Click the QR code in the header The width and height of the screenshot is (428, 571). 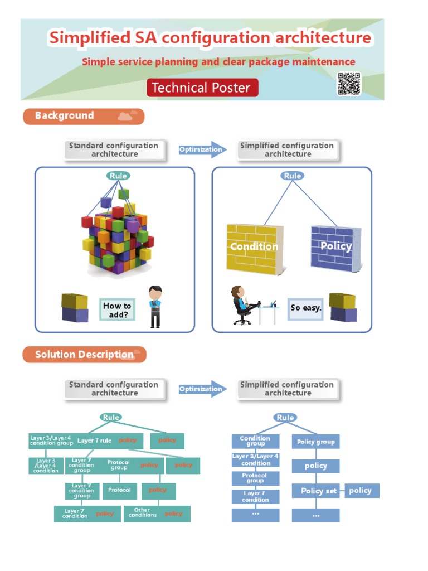(348, 84)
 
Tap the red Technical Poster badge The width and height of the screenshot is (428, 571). (202, 88)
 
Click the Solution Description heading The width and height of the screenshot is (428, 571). (84, 355)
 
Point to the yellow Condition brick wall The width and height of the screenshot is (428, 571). (254, 248)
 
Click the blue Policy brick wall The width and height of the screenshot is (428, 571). (333, 248)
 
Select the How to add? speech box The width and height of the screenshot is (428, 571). (117, 310)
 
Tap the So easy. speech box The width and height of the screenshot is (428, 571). (305, 308)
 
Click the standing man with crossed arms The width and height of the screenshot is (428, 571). (155, 306)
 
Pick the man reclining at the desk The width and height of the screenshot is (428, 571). (245, 304)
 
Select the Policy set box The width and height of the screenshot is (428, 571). (316, 491)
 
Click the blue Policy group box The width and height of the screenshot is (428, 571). (316, 442)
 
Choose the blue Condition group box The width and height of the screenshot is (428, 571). (255, 442)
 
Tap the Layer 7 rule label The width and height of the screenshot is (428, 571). (94, 441)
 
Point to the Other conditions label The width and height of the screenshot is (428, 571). (142, 513)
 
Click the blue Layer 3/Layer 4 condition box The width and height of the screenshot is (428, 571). (255, 460)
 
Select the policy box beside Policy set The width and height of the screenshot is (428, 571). (361, 491)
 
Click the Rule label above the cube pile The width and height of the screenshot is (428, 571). (118, 176)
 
